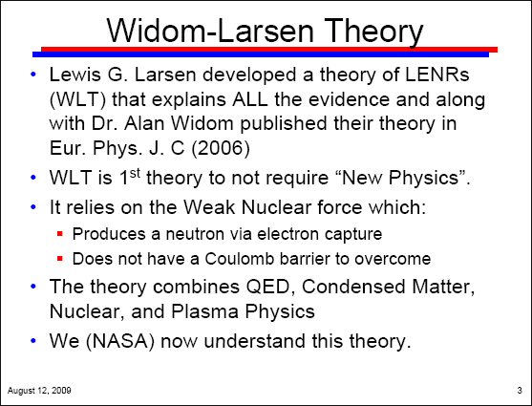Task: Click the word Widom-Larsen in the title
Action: [210, 31]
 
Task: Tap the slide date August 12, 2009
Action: [39, 391]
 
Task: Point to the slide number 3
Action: [520, 391]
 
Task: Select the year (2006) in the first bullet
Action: [221, 148]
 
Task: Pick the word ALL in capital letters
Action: [250, 99]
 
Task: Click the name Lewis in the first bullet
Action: [75, 75]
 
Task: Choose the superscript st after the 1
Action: [135, 173]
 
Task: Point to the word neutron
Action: [195, 234]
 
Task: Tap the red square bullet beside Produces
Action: [60, 233]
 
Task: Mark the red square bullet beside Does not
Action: [60, 259]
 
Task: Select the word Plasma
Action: [204, 311]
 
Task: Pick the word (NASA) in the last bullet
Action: [120, 341]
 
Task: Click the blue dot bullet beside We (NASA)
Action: [32, 340]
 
